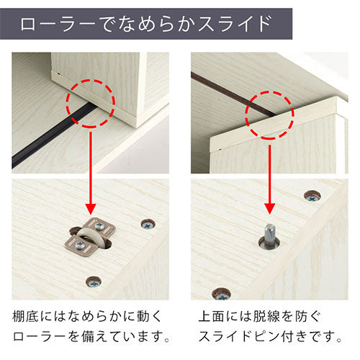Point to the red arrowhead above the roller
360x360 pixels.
91,208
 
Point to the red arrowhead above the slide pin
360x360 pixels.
270,208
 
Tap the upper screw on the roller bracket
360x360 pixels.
99,226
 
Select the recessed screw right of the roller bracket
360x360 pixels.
148,225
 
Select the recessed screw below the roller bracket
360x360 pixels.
94,282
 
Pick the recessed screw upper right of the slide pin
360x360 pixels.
312,197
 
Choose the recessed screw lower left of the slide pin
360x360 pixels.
222,294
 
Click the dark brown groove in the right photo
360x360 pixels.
233,95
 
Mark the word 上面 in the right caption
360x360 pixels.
212,316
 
